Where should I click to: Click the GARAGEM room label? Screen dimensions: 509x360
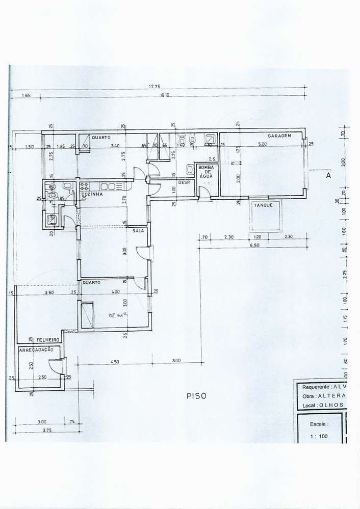coord(279,136)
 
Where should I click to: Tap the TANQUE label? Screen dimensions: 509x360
coord(264,205)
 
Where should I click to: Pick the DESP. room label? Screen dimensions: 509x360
coord(184,182)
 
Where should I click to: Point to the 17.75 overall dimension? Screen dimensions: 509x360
coord(155,87)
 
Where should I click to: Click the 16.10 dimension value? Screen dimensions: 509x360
coord(165,95)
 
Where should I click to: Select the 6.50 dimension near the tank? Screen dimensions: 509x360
coord(255,245)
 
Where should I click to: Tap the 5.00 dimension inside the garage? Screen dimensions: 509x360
coord(262,145)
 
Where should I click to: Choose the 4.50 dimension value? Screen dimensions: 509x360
coord(115,361)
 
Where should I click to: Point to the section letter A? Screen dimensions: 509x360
coord(328,175)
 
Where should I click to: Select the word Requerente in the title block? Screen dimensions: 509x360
coord(315,386)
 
